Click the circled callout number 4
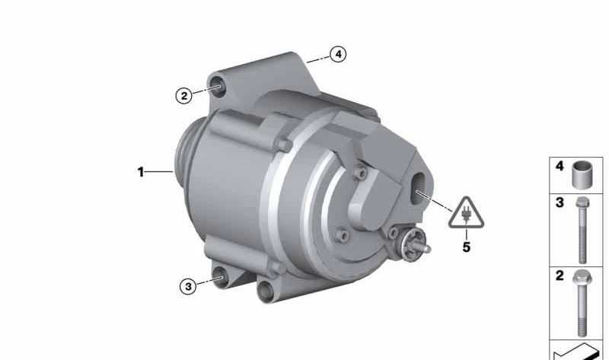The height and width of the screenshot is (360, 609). click(x=338, y=54)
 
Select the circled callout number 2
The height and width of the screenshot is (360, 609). click(x=183, y=95)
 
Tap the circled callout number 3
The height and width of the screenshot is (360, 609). click(x=188, y=287)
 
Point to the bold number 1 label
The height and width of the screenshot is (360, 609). click(x=141, y=172)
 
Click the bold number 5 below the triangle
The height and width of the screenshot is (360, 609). click(x=467, y=247)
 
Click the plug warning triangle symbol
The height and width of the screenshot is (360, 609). click(x=466, y=213)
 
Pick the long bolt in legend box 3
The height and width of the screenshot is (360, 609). click(x=582, y=230)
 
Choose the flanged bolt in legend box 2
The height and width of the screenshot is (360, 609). click(x=582, y=302)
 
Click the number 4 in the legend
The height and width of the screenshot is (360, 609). click(x=560, y=166)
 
